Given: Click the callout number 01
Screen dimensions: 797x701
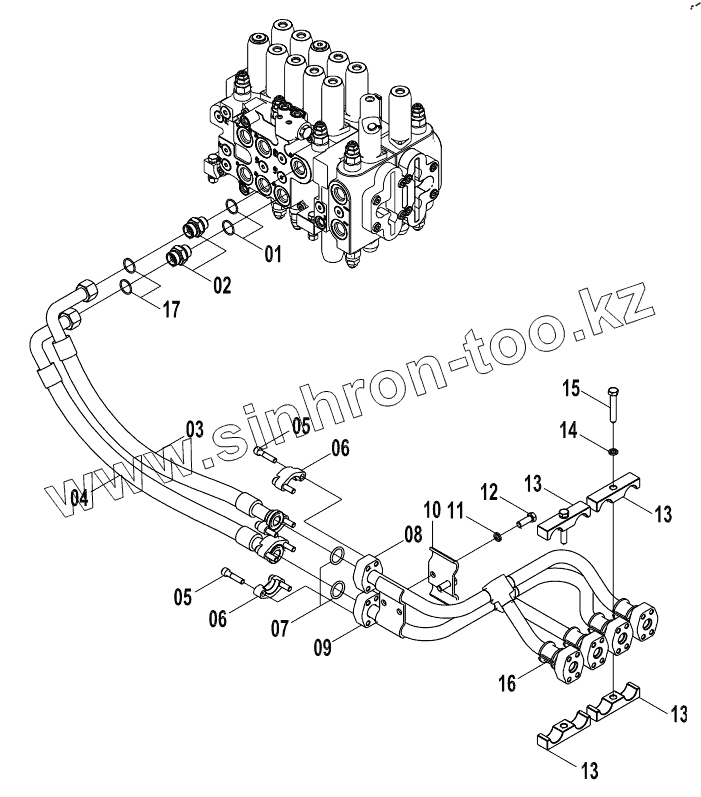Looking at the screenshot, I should coord(272,255).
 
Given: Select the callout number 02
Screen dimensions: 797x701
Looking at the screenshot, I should coord(220,286).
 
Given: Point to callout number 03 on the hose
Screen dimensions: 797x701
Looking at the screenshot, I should coord(194,430).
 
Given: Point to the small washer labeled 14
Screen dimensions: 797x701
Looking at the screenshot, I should coord(610,450).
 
